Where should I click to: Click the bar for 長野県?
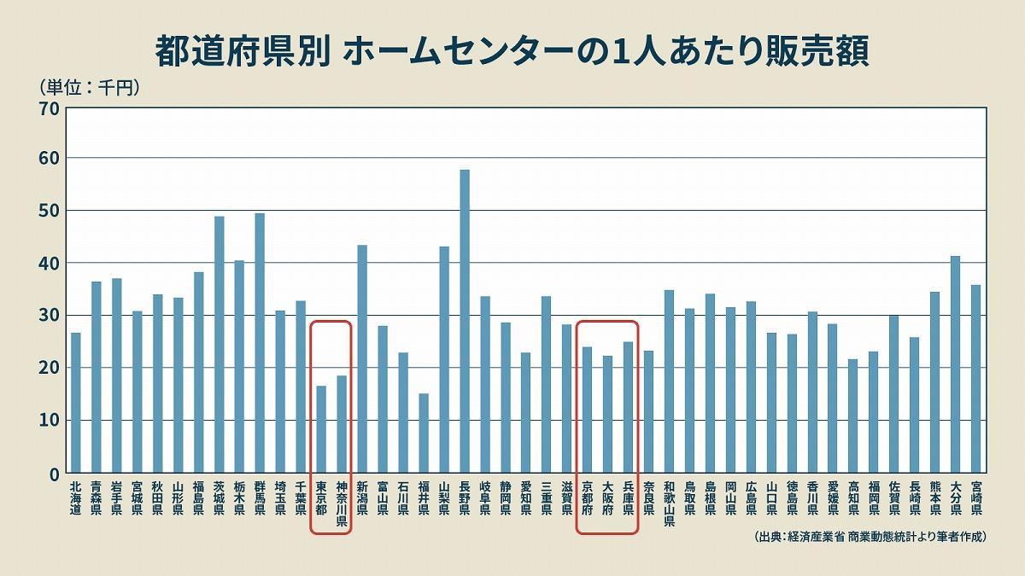point(465,321)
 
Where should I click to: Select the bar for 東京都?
point(321,429)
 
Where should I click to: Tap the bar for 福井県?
point(424,433)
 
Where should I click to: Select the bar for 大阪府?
point(607,414)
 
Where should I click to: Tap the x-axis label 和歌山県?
point(669,503)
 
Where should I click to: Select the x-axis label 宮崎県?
point(975,498)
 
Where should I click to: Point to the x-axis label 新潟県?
point(362,498)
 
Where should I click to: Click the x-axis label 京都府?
point(588,498)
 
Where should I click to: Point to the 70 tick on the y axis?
point(49,108)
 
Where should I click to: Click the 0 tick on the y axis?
point(53,473)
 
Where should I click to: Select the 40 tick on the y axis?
point(49,264)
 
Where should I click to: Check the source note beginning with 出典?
point(870,537)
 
